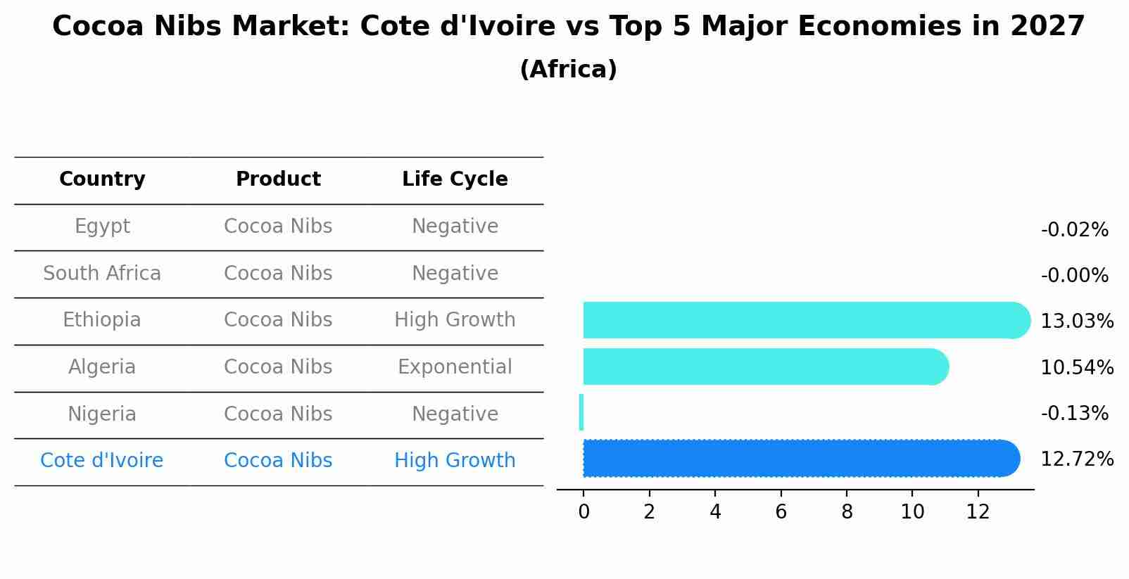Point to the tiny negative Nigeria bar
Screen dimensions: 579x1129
click(x=581, y=412)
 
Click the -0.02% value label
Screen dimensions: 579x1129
click(x=1074, y=230)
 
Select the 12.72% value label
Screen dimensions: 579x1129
click(x=1076, y=459)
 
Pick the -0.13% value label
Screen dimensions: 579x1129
click(x=1074, y=413)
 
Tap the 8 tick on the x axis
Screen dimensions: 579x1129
click(x=847, y=512)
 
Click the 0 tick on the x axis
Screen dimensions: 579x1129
click(x=584, y=512)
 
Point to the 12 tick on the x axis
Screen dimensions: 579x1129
click(x=978, y=512)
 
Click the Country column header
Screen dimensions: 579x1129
click(x=102, y=179)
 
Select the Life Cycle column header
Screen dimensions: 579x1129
click(x=455, y=179)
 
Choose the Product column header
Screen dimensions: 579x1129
click(x=278, y=179)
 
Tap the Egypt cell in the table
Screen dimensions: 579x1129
click(x=102, y=227)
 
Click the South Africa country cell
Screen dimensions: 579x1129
click(x=102, y=274)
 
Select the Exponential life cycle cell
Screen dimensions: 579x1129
click(x=455, y=367)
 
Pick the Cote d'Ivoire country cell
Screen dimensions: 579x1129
click(x=102, y=461)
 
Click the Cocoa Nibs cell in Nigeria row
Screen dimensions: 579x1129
click(x=278, y=414)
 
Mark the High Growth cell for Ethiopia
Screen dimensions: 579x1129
click(x=455, y=320)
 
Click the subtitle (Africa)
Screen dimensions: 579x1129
click(x=568, y=70)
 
